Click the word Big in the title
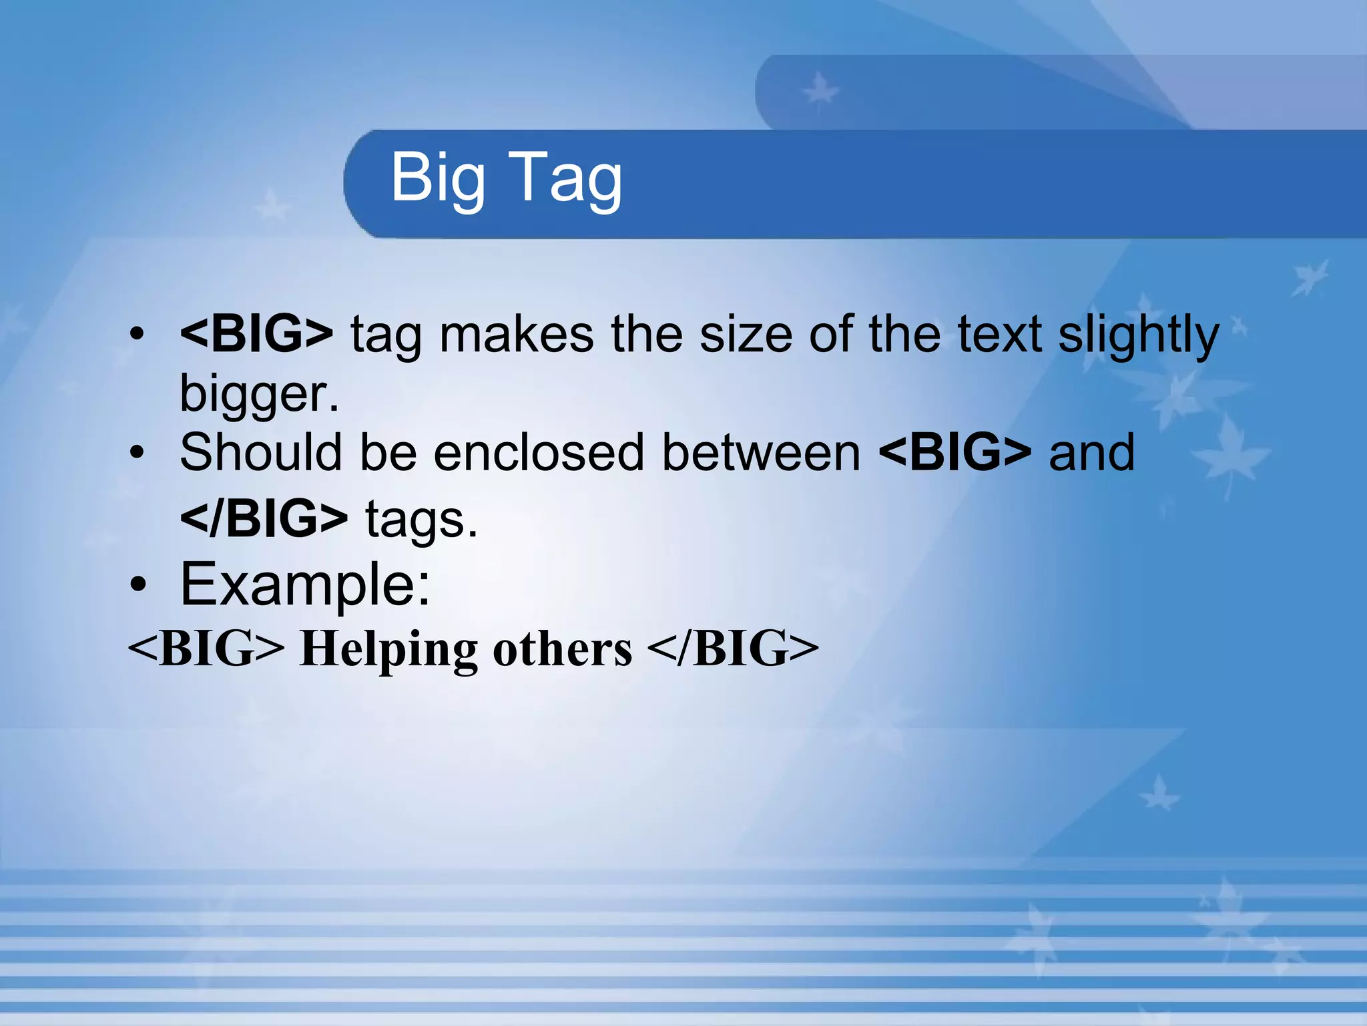click(x=437, y=178)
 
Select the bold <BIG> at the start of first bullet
click(x=256, y=333)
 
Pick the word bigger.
click(x=259, y=394)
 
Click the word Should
click(x=261, y=452)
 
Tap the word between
click(x=761, y=452)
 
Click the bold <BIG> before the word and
click(x=955, y=452)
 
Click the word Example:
click(x=305, y=584)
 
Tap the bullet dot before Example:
click(x=138, y=585)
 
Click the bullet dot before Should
click(x=137, y=453)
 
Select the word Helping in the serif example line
click(x=388, y=649)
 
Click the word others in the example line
click(x=562, y=649)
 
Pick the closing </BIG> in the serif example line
click(x=732, y=649)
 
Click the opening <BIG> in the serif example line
click(x=206, y=649)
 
